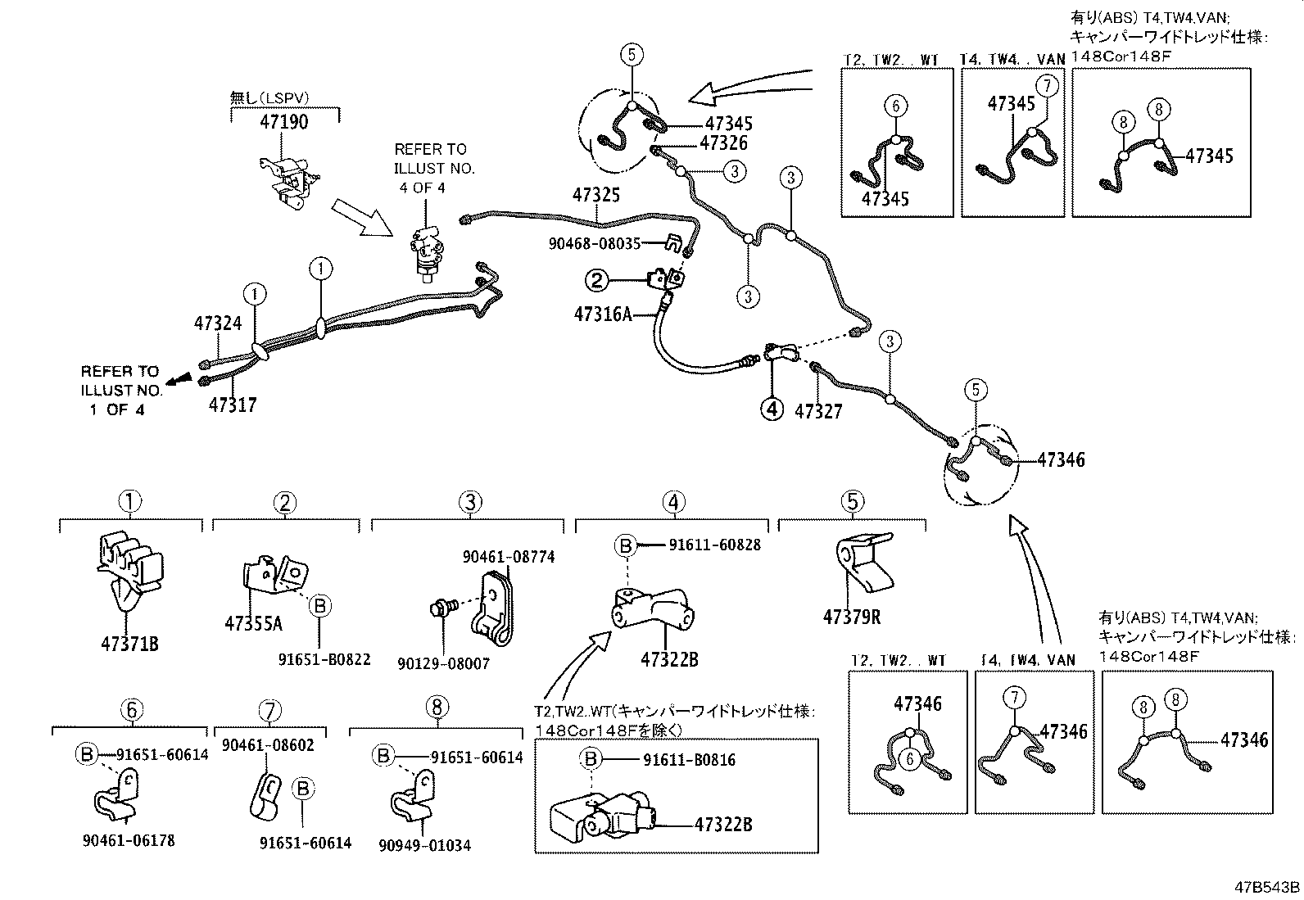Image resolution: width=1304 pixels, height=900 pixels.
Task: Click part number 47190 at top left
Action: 284,122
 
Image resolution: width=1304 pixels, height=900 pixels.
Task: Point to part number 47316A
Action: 603,314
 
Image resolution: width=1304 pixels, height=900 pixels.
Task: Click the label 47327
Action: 817,411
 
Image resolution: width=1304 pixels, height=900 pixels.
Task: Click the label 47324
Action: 218,323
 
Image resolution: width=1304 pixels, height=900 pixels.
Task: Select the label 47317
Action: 232,405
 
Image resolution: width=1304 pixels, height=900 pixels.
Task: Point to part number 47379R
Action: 852,617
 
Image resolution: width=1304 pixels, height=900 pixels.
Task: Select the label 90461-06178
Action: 129,840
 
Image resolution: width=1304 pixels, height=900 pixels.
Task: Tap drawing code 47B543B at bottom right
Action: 1267,888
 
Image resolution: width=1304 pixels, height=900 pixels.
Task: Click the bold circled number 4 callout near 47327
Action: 772,408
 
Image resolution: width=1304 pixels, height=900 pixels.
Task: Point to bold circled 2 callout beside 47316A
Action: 596,281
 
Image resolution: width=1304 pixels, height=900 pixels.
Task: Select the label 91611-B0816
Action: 689,760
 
